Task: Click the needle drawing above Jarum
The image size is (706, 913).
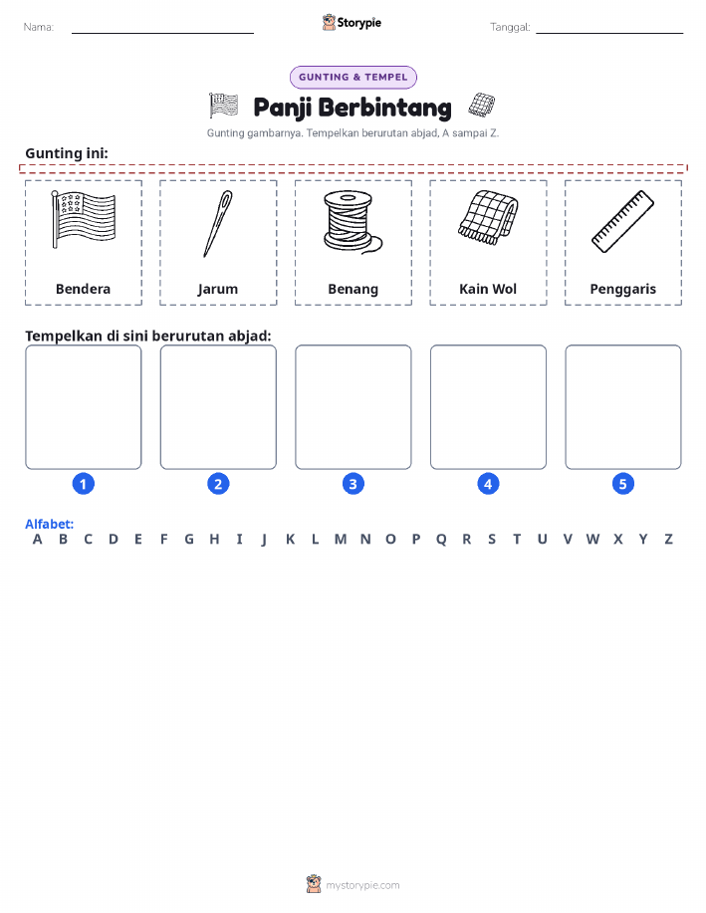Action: pos(217,224)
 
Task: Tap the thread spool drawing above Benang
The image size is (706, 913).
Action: pos(352,222)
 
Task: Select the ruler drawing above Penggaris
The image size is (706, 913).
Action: pos(622,221)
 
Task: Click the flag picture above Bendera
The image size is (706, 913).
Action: pos(84,219)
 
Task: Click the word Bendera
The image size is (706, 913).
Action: pos(83,289)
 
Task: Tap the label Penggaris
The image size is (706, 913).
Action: pos(622,290)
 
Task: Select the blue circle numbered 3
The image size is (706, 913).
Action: pos(353,484)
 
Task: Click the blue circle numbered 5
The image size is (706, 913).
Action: pos(622,484)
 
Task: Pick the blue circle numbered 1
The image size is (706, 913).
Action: pos(84,484)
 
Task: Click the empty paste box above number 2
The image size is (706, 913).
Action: pos(218,407)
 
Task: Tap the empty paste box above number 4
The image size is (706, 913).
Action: pos(488,407)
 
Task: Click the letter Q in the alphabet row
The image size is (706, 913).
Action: pos(441,540)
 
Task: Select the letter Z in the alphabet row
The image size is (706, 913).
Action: pos(669,540)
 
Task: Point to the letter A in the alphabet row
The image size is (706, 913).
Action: pos(37,540)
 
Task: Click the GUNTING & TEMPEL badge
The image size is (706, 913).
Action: pos(353,77)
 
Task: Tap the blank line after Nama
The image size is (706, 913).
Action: pos(162,33)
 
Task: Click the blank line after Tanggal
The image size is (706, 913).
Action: pos(609,33)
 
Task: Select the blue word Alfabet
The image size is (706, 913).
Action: pos(49,524)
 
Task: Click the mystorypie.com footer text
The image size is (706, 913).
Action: pos(362,886)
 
